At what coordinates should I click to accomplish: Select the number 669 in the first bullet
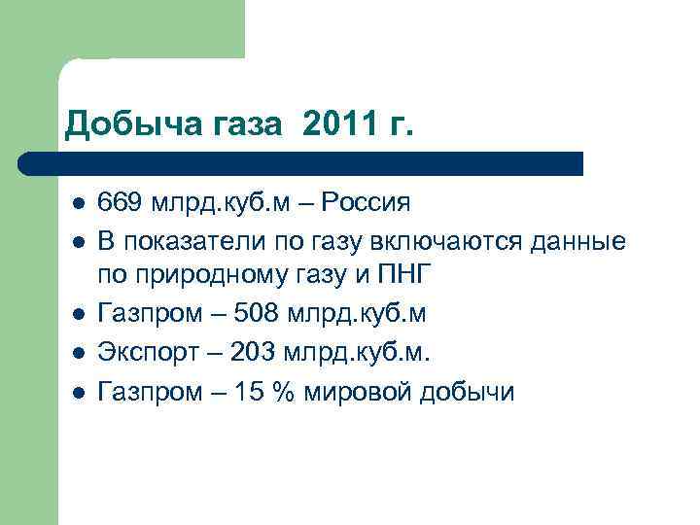119,203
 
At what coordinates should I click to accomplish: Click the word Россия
365,203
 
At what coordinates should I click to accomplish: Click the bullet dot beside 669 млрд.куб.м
78,204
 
